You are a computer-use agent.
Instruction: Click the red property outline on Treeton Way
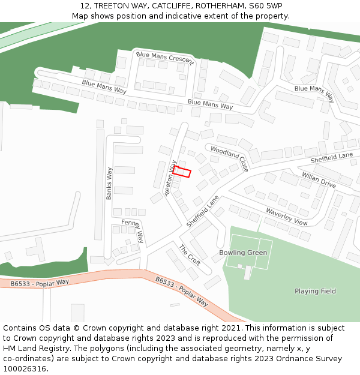coord(182,172)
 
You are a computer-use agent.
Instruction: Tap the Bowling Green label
coord(243,253)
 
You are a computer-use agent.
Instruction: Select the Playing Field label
coord(315,291)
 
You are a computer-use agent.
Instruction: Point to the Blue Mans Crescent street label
coord(165,58)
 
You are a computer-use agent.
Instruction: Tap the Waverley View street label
coord(287,217)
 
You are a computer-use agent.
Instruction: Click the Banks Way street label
coord(109,183)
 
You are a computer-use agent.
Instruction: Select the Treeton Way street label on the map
coord(170,178)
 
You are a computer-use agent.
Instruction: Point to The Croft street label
coord(190,255)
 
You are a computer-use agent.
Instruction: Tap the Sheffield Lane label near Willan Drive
coord(332,158)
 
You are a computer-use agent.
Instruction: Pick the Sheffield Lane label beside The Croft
coord(202,211)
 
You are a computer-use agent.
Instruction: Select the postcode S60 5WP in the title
coord(265,5)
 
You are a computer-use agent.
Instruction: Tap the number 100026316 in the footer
coord(25,368)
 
